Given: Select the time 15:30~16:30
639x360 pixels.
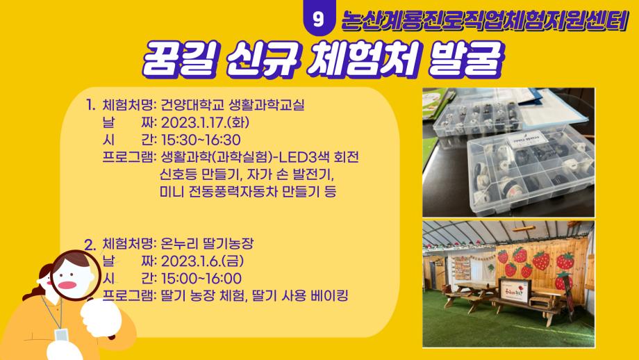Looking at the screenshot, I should click(195, 140).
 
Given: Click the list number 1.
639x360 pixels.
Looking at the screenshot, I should click(90, 106).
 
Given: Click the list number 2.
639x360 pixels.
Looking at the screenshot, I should click(89, 245).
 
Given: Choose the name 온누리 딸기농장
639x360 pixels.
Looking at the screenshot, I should click(208, 245).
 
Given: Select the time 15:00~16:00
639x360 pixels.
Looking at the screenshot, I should click(196, 279).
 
